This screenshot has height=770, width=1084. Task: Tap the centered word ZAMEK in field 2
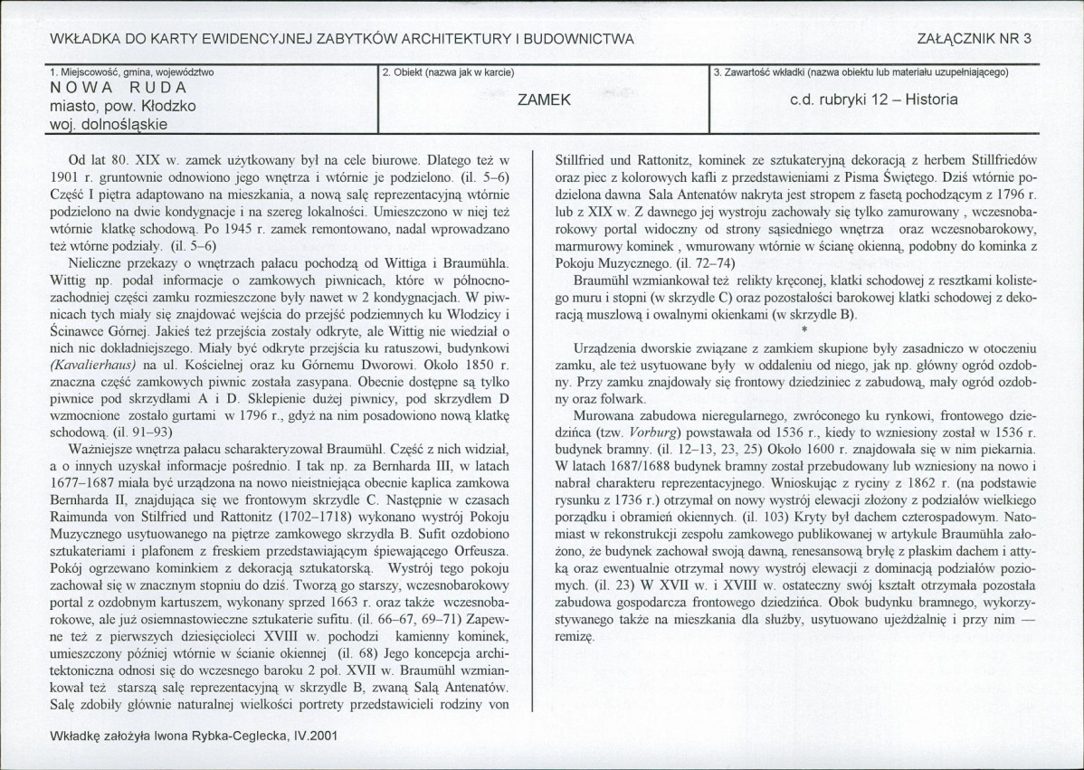[543, 100]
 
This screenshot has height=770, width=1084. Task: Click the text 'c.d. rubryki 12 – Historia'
[873, 100]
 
